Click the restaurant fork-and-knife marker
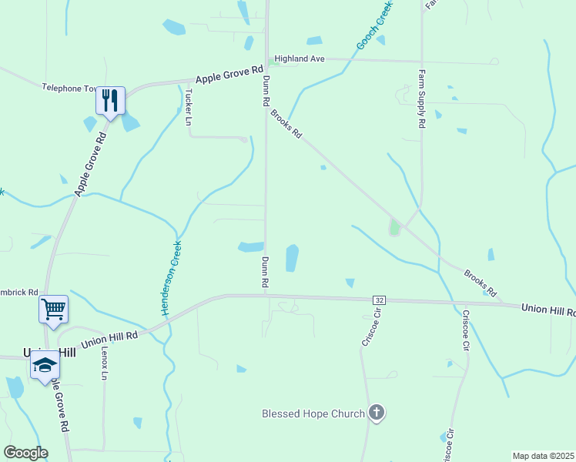coord(110,100)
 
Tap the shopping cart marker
coord(53,310)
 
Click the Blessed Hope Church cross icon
coord(376,413)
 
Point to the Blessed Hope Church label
coord(313,414)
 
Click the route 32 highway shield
coord(379,299)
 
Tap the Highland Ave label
coord(300,59)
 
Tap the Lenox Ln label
coord(104,362)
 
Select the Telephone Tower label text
coord(72,89)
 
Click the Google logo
coord(25,453)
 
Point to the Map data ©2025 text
coord(544,456)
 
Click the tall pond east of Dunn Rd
coord(292,258)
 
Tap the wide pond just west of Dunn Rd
coord(250,247)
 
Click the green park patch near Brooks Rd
coord(394,227)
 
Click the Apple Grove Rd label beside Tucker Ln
coord(229,77)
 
